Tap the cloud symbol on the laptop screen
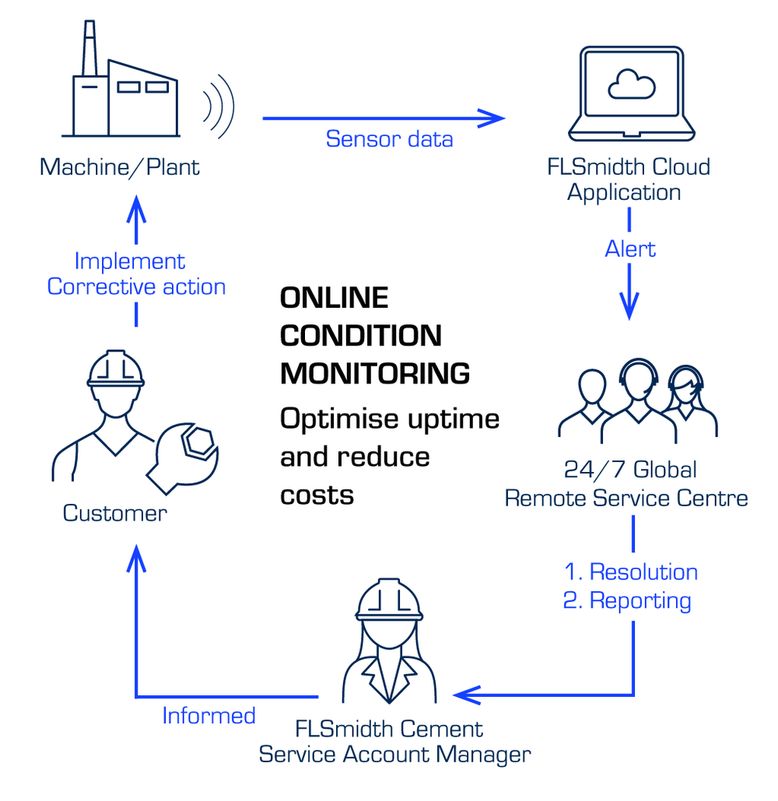[632, 84]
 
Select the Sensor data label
[389, 139]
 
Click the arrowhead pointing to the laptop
[492, 118]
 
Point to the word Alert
[630, 249]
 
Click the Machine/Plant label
[120, 166]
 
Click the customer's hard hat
[116, 368]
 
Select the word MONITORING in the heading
[374, 373]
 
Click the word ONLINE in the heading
[334, 298]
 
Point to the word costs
[317, 495]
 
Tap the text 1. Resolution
[630, 572]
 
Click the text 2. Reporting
[627, 600]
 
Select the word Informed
[209, 715]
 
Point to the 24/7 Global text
[630, 470]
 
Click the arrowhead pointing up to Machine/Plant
[136, 207]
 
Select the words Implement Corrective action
[136, 274]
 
